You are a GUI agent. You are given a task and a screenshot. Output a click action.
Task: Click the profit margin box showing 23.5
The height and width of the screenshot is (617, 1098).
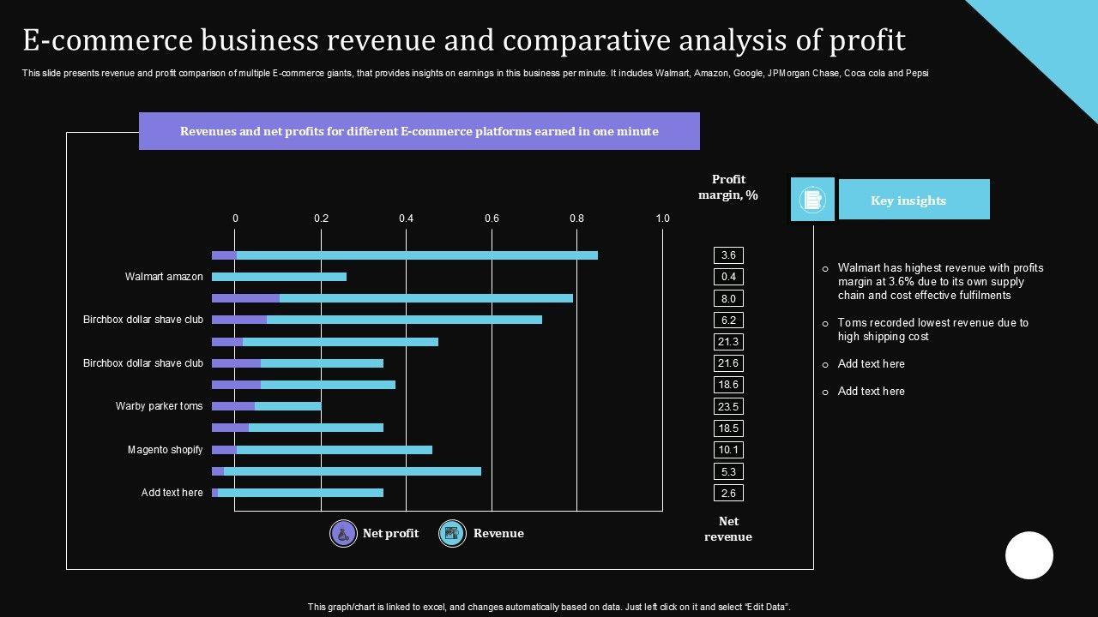coord(728,406)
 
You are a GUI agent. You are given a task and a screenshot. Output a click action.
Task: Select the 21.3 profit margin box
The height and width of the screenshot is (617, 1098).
coord(728,342)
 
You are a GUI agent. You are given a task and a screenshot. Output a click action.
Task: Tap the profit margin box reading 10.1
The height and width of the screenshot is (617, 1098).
coord(728,450)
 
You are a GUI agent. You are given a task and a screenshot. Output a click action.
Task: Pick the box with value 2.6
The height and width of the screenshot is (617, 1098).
coord(728,493)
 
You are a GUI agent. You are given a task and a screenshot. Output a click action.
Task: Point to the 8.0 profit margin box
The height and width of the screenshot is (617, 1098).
coord(728,298)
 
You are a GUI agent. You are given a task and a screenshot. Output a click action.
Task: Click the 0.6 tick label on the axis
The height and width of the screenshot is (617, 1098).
coord(492,219)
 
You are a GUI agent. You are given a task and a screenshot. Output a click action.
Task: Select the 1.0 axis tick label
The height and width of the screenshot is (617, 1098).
coord(662,219)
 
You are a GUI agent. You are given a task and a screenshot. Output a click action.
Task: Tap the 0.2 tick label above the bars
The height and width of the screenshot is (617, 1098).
coord(321,219)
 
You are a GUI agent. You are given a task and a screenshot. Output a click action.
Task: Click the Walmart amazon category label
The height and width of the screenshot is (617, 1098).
coord(164,277)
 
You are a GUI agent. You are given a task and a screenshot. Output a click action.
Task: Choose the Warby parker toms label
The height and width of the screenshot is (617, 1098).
coord(160,406)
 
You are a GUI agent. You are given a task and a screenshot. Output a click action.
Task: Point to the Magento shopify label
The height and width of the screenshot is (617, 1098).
coord(166,450)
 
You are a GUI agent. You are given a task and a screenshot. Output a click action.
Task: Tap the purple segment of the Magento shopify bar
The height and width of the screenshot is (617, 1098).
coord(224,450)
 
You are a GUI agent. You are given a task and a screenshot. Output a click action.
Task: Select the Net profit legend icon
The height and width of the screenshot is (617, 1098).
coord(344,534)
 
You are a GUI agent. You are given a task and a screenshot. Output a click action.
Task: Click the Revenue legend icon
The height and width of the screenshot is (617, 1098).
coord(452,534)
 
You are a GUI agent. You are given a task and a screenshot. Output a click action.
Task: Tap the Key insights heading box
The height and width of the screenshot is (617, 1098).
coord(914,200)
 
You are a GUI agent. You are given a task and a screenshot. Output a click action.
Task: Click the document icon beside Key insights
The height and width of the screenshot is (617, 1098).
coord(811,200)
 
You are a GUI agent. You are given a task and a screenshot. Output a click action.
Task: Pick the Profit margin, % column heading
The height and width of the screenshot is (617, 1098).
coord(728,187)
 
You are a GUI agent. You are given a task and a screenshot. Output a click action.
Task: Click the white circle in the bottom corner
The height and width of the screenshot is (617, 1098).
coord(1029,555)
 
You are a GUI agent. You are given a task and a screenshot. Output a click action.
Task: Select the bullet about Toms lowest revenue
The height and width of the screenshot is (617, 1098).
coord(932,330)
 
